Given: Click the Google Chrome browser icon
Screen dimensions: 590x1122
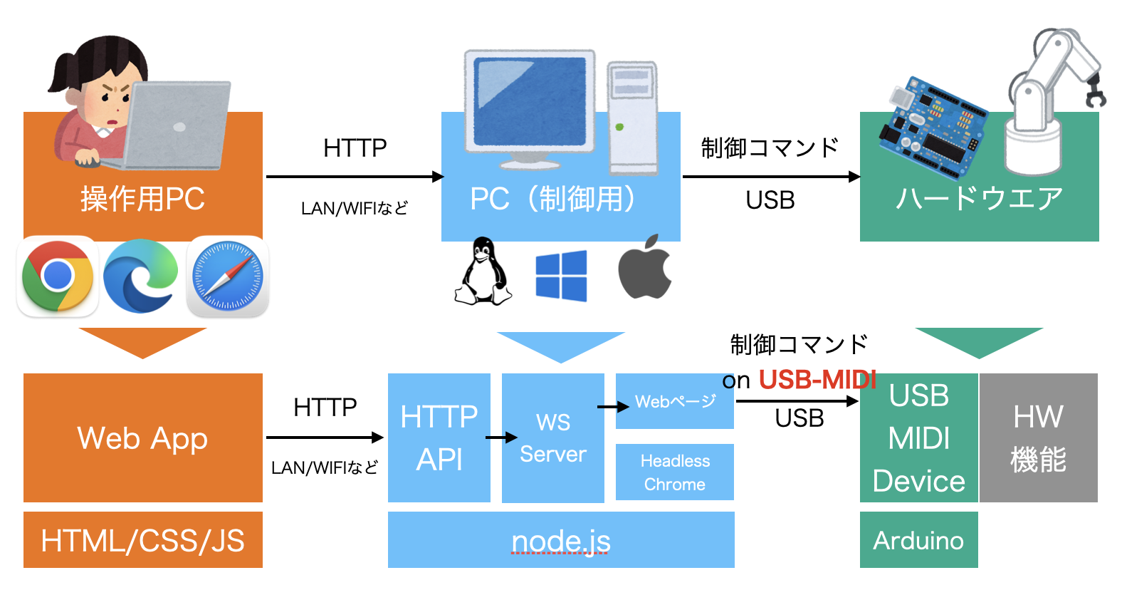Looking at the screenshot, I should coord(58,276).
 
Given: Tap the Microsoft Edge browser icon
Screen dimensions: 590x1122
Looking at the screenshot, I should coord(141,276).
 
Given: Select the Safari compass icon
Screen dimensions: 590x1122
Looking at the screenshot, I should coord(228,276).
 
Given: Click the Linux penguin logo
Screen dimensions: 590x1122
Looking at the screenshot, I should coord(483,273).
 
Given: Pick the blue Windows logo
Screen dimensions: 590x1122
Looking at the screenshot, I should coord(561,276).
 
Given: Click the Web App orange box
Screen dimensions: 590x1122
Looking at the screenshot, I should coord(142,438).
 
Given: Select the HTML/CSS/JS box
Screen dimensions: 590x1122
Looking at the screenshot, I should coord(142,540).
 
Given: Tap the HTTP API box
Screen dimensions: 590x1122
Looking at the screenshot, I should coord(439,438).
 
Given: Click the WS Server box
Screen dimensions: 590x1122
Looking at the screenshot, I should coord(552,438).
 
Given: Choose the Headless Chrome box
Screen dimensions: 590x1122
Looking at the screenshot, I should coord(674,472).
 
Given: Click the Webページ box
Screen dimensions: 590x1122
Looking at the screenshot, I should coord(674,402).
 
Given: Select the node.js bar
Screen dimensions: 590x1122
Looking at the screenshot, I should coord(561,540).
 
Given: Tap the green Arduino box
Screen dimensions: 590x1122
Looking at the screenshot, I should coord(918,540).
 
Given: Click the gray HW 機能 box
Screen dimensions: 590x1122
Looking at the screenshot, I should coord(1038,438).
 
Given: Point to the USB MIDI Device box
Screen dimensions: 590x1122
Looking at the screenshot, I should coord(918,438).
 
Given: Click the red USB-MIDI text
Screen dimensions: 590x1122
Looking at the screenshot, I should coord(817,380).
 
